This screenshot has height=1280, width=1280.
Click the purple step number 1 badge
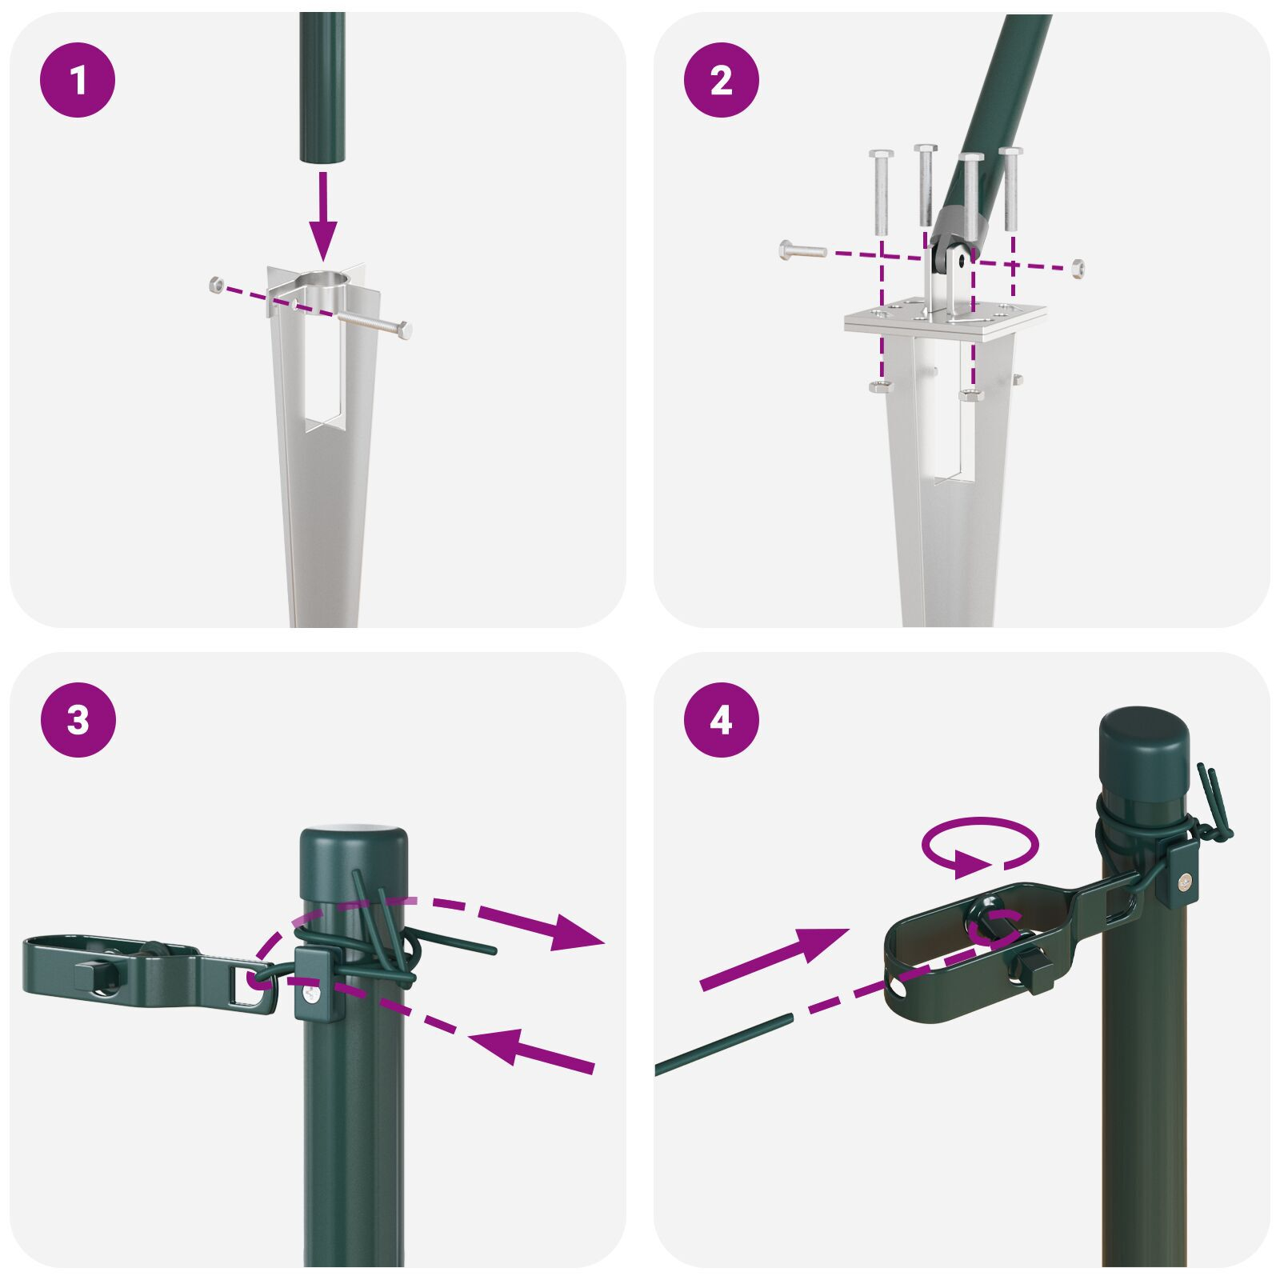tap(78, 80)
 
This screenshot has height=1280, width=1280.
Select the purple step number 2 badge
tap(721, 80)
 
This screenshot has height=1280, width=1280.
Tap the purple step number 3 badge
tap(78, 720)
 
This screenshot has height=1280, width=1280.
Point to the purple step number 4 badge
tap(721, 720)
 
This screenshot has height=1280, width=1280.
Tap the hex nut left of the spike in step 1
tap(215, 283)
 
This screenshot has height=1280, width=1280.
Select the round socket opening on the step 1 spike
tap(324, 282)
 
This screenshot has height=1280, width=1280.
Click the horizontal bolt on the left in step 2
tap(802, 250)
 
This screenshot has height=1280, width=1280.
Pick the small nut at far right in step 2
tap(1078, 266)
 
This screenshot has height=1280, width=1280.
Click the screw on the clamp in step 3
tap(310, 994)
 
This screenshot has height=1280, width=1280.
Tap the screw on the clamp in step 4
tap(1183, 881)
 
